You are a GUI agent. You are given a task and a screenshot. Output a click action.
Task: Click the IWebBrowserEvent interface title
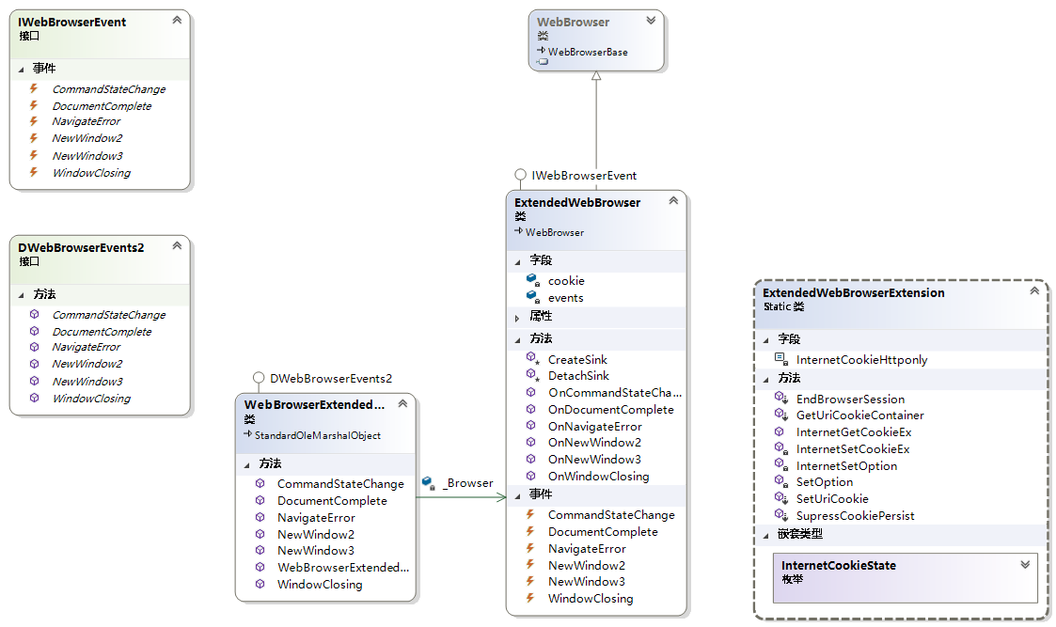[x=72, y=22]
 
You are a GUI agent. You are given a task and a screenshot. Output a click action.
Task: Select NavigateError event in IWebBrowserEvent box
[x=87, y=122]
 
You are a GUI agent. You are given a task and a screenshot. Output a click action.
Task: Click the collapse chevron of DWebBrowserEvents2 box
[x=177, y=246]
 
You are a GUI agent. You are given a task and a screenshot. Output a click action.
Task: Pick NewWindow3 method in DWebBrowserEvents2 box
[x=87, y=382]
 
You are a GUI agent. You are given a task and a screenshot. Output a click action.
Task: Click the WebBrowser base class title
[x=573, y=22]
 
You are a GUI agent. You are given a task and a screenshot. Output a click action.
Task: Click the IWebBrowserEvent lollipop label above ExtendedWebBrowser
[x=583, y=175]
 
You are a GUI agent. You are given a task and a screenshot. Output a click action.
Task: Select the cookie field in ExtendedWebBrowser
[x=566, y=281]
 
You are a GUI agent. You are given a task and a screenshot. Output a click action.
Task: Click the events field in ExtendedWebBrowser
[x=566, y=298]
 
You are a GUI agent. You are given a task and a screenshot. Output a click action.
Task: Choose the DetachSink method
[x=578, y=376]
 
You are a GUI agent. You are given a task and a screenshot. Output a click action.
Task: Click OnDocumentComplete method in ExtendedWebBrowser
[x=610, y=410]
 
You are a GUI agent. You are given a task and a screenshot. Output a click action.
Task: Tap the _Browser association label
[x=467, y=483]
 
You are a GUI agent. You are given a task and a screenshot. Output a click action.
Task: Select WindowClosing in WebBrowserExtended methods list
[x=320, y=585]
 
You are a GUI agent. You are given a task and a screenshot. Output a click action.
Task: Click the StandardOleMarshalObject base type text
[x=317, y=435]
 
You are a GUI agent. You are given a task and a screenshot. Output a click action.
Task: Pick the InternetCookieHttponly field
[x=861, y=360]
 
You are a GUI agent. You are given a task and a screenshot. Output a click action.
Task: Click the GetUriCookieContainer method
[x=859, y=415]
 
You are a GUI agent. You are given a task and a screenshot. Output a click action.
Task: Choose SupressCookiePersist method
[x=855, y=516]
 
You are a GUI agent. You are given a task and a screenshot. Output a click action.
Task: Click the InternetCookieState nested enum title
[x=838, y=566]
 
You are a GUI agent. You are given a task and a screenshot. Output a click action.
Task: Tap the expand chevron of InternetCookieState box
[x=1025, y=565]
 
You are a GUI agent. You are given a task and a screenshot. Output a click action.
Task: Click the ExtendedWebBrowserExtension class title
[x=853, y=293]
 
